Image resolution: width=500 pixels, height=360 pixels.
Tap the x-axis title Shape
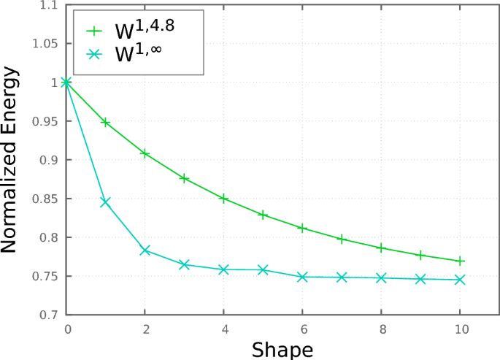pyautogui.click(x=282, y=349)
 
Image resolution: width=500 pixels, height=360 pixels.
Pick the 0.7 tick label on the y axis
pyautogui.click(x=50, y=315)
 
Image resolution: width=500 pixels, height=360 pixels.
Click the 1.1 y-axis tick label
pyautogui.click(x=50, y=5)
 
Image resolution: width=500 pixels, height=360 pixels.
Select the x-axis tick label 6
pyautogui.click(x=302, y=329)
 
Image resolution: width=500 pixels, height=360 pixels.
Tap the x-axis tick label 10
pyautogui.click(x=460, y=329)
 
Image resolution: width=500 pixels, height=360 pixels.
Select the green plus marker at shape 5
pyautogui.click(x=263, y=215)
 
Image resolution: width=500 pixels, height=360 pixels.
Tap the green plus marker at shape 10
pyautogui.click(x=460, y=261)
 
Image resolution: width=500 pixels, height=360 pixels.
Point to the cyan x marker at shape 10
pyautogui.click(x=460, y=280)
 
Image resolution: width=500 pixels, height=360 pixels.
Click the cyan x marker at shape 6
pyautogui.click(x=302, y=277)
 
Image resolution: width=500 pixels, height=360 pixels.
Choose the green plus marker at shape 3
pyautogui.click(x=184, y=178)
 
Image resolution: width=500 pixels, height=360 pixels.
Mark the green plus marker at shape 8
pyautogui.click(x=381, y=248)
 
